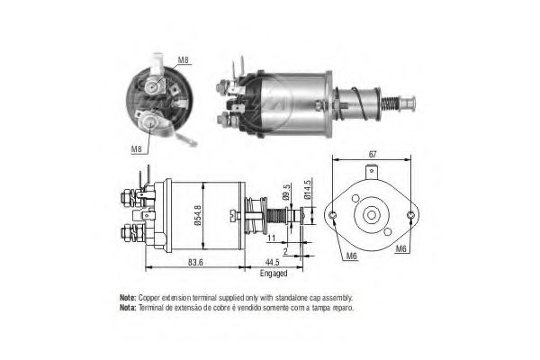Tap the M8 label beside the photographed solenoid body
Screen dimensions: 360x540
pyautogui.click(x=183, y=60)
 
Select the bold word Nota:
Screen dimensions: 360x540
pyautogui.click(x=128, y=308)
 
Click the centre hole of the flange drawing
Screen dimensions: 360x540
pyautogui.click(x=371, y=215)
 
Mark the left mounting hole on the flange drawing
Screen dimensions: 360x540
pyautogui.click(x=332, y=215)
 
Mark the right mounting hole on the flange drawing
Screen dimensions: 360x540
pyautogui.click(x=410, y=215)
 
